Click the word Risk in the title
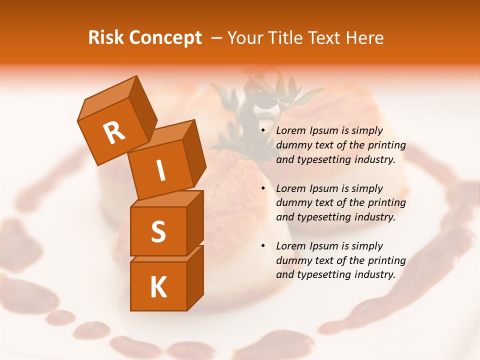(106, 38)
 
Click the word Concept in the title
(165, 38)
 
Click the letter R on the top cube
(114, 133)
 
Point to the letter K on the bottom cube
(158, 287)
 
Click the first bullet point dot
(263, 131)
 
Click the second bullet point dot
(263, 189)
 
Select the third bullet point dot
(263, 246)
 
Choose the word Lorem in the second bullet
(290, 188)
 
